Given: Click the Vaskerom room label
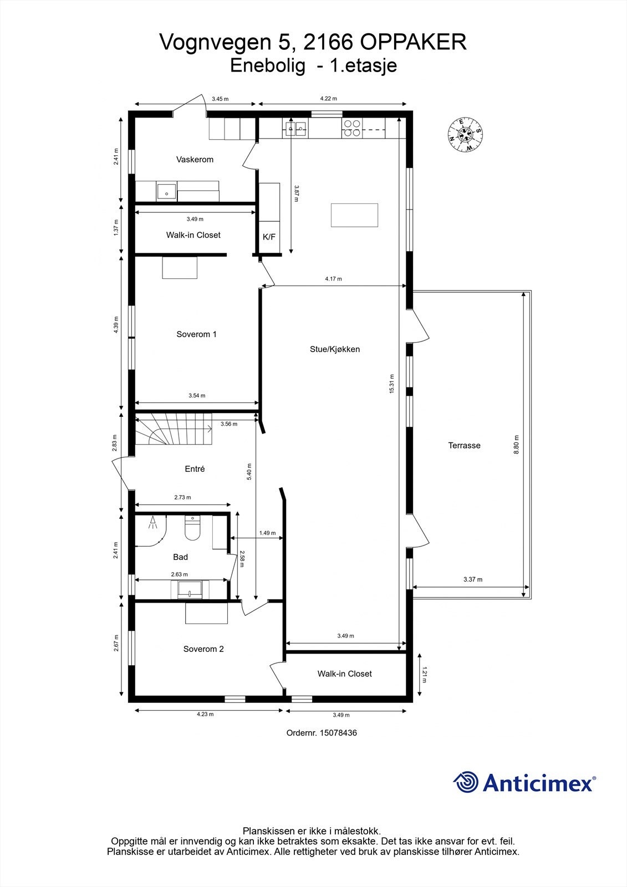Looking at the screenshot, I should pyautogui.click(x=195, y=160).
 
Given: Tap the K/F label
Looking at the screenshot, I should pyautogui.click(x=269, y=237).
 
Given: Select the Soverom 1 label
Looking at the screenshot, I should pyautogui.click(x=196, y=334).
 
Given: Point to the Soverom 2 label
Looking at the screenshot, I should pyautogui.click(x=203, y=649).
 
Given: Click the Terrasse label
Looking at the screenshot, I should pyautogui.click(x=464, y=445).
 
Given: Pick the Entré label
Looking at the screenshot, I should pyautogui.click(x=195, y=469).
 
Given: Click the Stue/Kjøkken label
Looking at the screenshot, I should pyautogui.click(x=335, y=349).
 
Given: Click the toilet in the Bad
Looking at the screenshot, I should pyautogui.click(x=192, y=529).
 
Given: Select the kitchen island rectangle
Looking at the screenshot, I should pyautogui.click(x=355, y=215).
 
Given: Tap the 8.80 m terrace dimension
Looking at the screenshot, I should pyautogui.click(x=517, y=445).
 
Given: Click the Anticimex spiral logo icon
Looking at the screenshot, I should pyautogui.click(x=466, y=782).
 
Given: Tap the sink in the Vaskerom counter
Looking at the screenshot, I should pyautogui.click(x=166, y=192).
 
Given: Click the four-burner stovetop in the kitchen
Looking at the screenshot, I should pyautogui.click(x=351, y=129).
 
